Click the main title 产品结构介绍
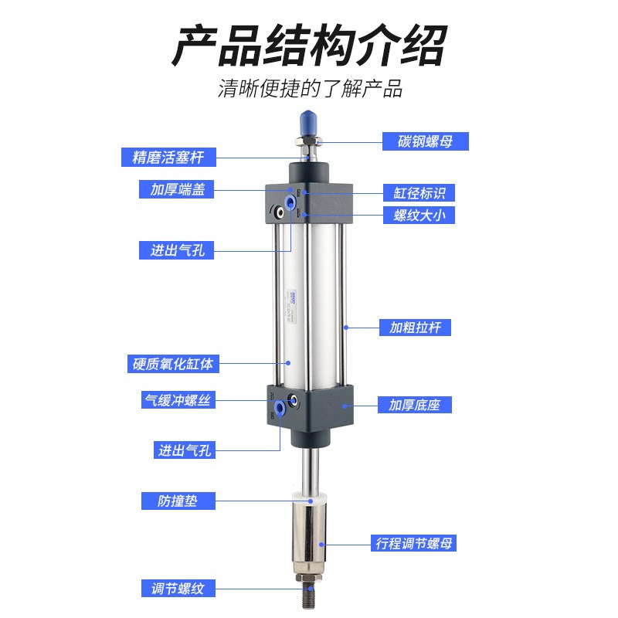pos(308,46)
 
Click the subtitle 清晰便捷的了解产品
pos(310,88)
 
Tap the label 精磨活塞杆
pos(168,158)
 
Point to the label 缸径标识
pos(419,192)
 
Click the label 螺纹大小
pos(419,216)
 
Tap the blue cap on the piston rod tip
pos(307,122)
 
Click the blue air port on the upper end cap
pos(290,202)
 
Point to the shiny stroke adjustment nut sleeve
pos(311,536)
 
